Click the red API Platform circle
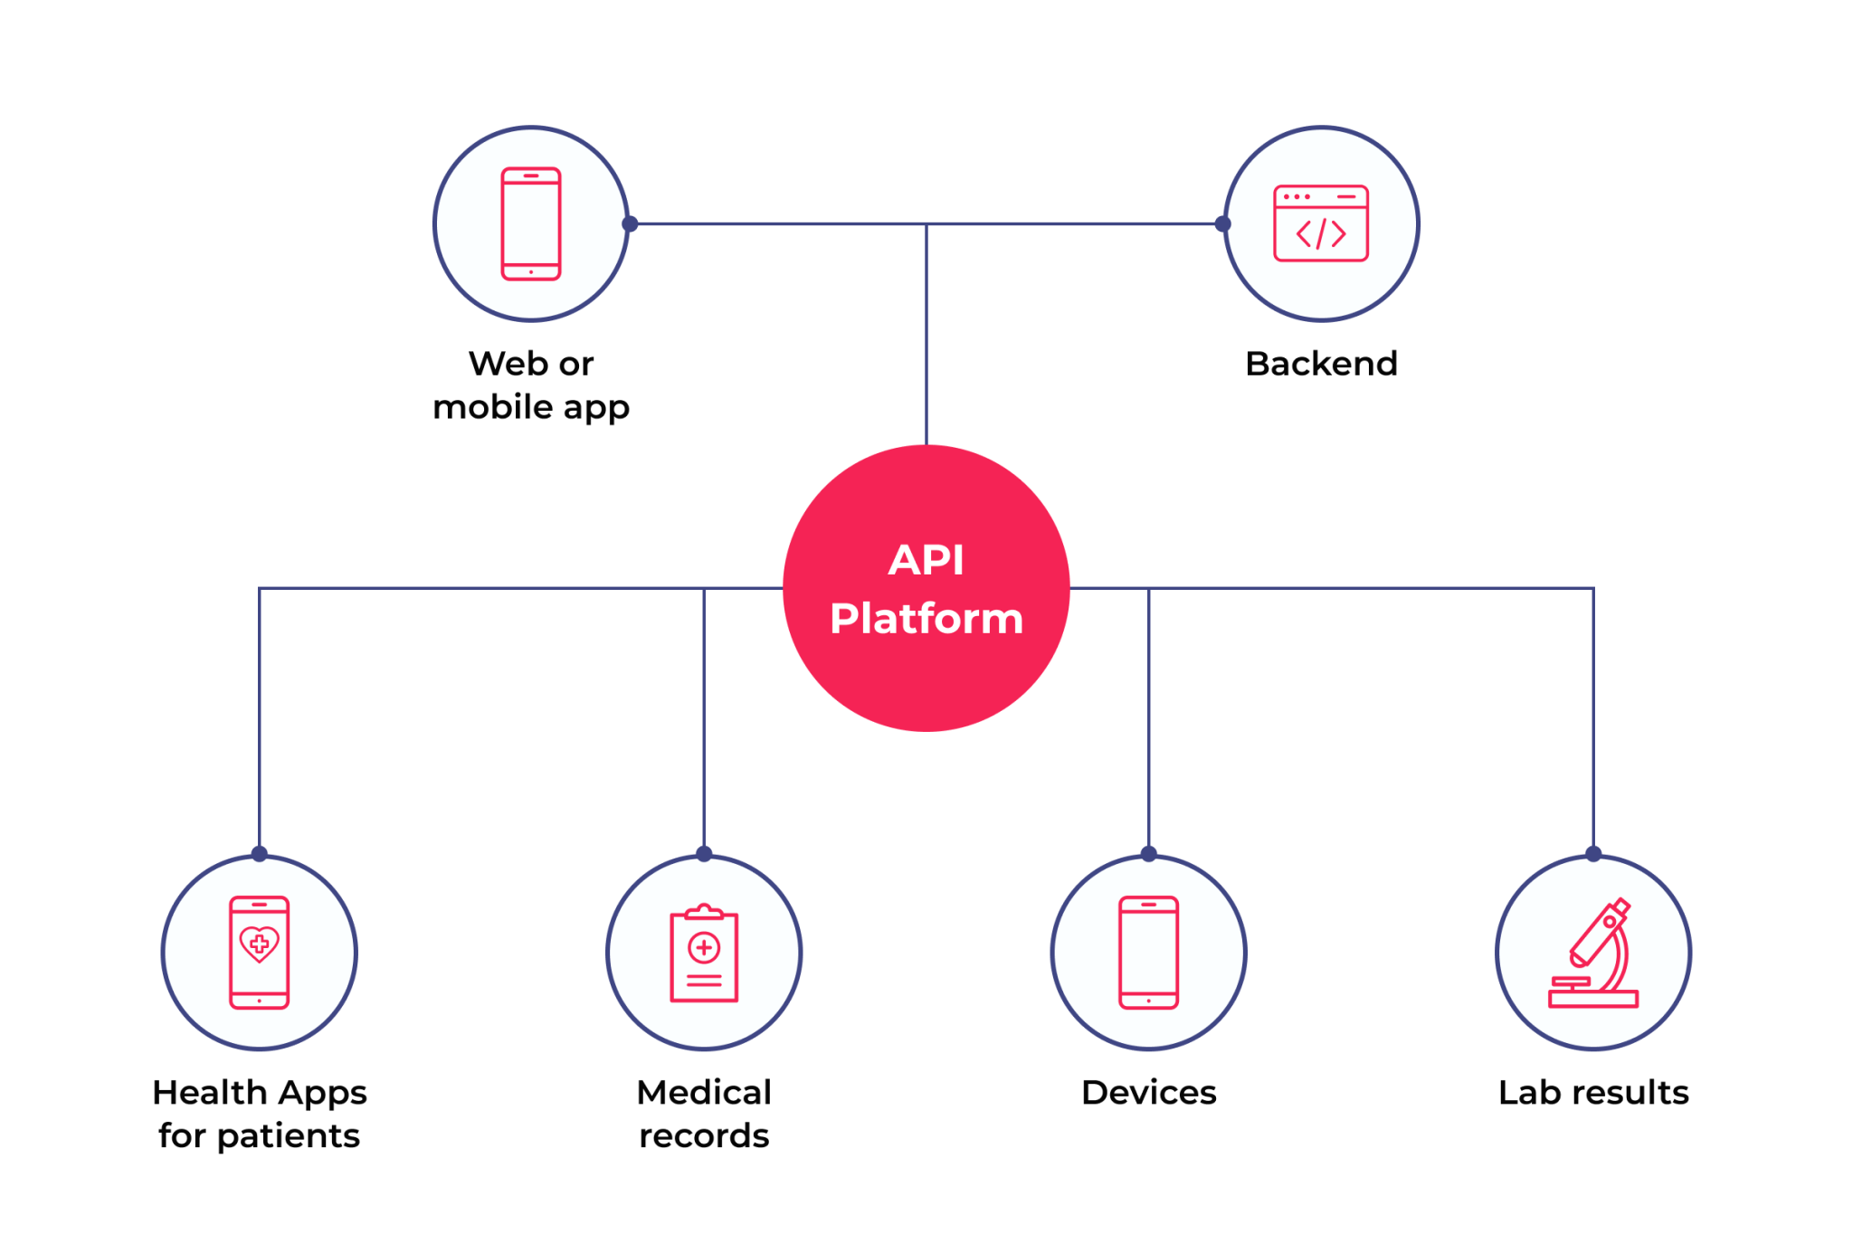click(x=926, y=588)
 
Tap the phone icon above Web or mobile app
click(x=531, y=223)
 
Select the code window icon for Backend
click(x=1321, y=223)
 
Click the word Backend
click(x=1321, y=364)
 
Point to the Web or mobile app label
click(x=531, y=385)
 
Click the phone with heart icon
click(x=259, y=952)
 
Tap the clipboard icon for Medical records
click(x=704, y=954)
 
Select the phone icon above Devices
click(x=1148, y=952)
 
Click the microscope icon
click(x=1593, y=954)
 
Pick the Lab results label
click(x=1593, y=1093)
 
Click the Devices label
click(x=1148, y=1093)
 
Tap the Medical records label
click(x=704, y=1115)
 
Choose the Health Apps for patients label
click(x=259, y=1115)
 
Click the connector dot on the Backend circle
click(x=1222, y=223)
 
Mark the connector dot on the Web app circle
click(x=630, y=223)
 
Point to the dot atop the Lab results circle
click(x=1593, y=853)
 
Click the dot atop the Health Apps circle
click(x=259, y=853)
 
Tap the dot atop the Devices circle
click(x=1148, y=853)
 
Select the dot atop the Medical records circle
click(x=704, y=853)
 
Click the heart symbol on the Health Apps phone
click(x=259, y=944)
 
